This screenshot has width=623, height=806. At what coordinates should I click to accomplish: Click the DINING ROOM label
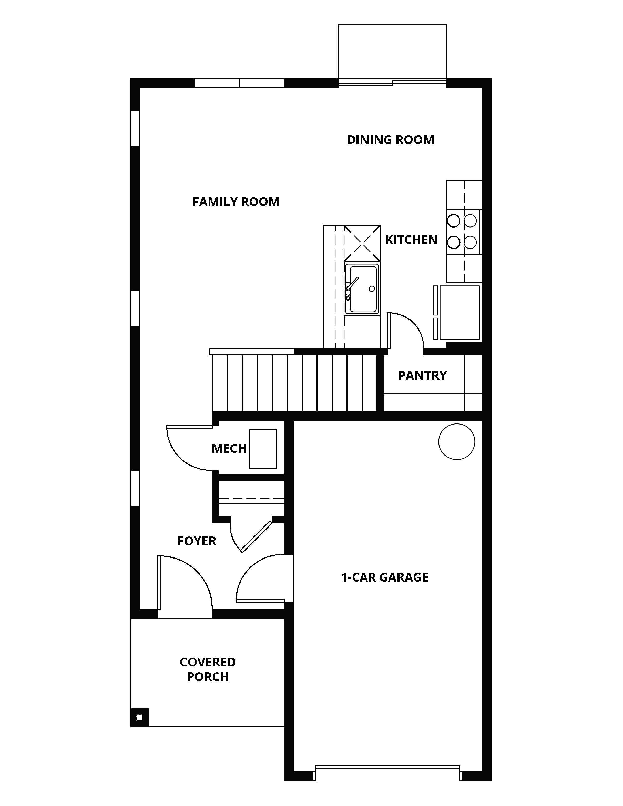pyautogui.click(x=390, y=140)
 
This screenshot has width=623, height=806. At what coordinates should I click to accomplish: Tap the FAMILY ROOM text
pyautogui.click(x=236, y=202)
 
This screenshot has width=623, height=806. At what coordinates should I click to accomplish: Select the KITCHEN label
pyautogui.click(x=411, y=240)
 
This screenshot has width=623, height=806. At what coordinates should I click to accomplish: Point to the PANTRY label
pyautogui.click(x=422, y=376)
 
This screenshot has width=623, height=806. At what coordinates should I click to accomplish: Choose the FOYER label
pyautogui.click(x=197, y=541)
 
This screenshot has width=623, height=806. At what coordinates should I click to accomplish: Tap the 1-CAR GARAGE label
pyautogui.click(x=385, y=577)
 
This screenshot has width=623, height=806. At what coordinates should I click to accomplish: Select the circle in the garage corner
pyautogui.click(x=456, y=442)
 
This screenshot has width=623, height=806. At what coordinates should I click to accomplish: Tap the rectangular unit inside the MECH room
pyautogui.click(x=263, y=449)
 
